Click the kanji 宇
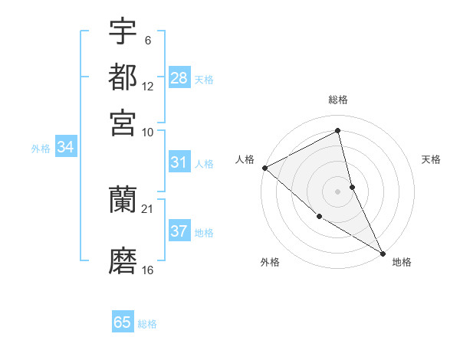123,33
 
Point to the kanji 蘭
123,200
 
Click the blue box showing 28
179,78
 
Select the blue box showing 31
179,162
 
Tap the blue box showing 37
179,231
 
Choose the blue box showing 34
65,148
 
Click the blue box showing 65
123,322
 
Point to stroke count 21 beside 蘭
148,208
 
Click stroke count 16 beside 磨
148,269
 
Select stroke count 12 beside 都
148,87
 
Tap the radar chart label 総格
338,100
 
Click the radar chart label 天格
432,159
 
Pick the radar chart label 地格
402,262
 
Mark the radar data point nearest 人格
264,167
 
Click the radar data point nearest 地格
383,252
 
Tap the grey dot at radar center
338,191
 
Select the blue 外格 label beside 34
41,149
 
